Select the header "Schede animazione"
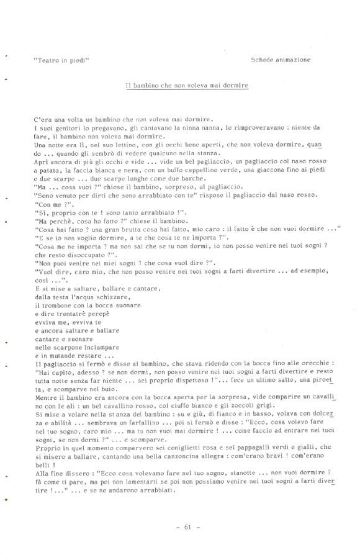[x=281, y=60]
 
